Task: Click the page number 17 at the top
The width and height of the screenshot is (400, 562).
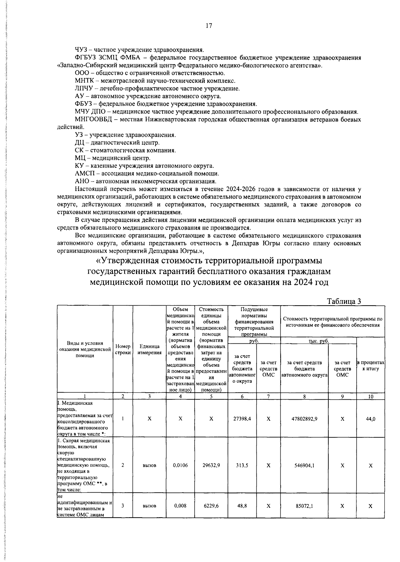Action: coord(209,26)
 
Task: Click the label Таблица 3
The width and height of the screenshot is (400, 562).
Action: coord(344,301)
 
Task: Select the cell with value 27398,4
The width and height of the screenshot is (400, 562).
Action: coord(242,419)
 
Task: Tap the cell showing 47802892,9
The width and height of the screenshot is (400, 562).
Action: coord(304,419)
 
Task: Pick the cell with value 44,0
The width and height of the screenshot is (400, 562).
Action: coord(370,419)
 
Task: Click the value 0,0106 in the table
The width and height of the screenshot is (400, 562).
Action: coord(180,465)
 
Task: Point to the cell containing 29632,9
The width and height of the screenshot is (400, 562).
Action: coord(211,465)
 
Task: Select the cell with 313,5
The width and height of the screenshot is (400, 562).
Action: coord(242,465)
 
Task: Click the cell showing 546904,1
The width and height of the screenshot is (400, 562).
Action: coord(304,465)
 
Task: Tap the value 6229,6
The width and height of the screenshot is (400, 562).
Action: coord(211,506)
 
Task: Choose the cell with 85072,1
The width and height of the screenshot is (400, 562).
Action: coord(304,506)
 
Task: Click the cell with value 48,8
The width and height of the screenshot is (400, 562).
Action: coord(242,506)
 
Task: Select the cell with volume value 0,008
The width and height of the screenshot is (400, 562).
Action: coord(180,506)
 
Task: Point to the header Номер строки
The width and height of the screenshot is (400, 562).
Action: coord(123,349)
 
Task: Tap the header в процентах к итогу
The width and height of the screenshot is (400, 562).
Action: coord(370,365)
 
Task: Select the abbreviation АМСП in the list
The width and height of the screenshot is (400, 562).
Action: coord(85,173)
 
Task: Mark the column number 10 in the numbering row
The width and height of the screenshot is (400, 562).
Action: coord(370,396)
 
